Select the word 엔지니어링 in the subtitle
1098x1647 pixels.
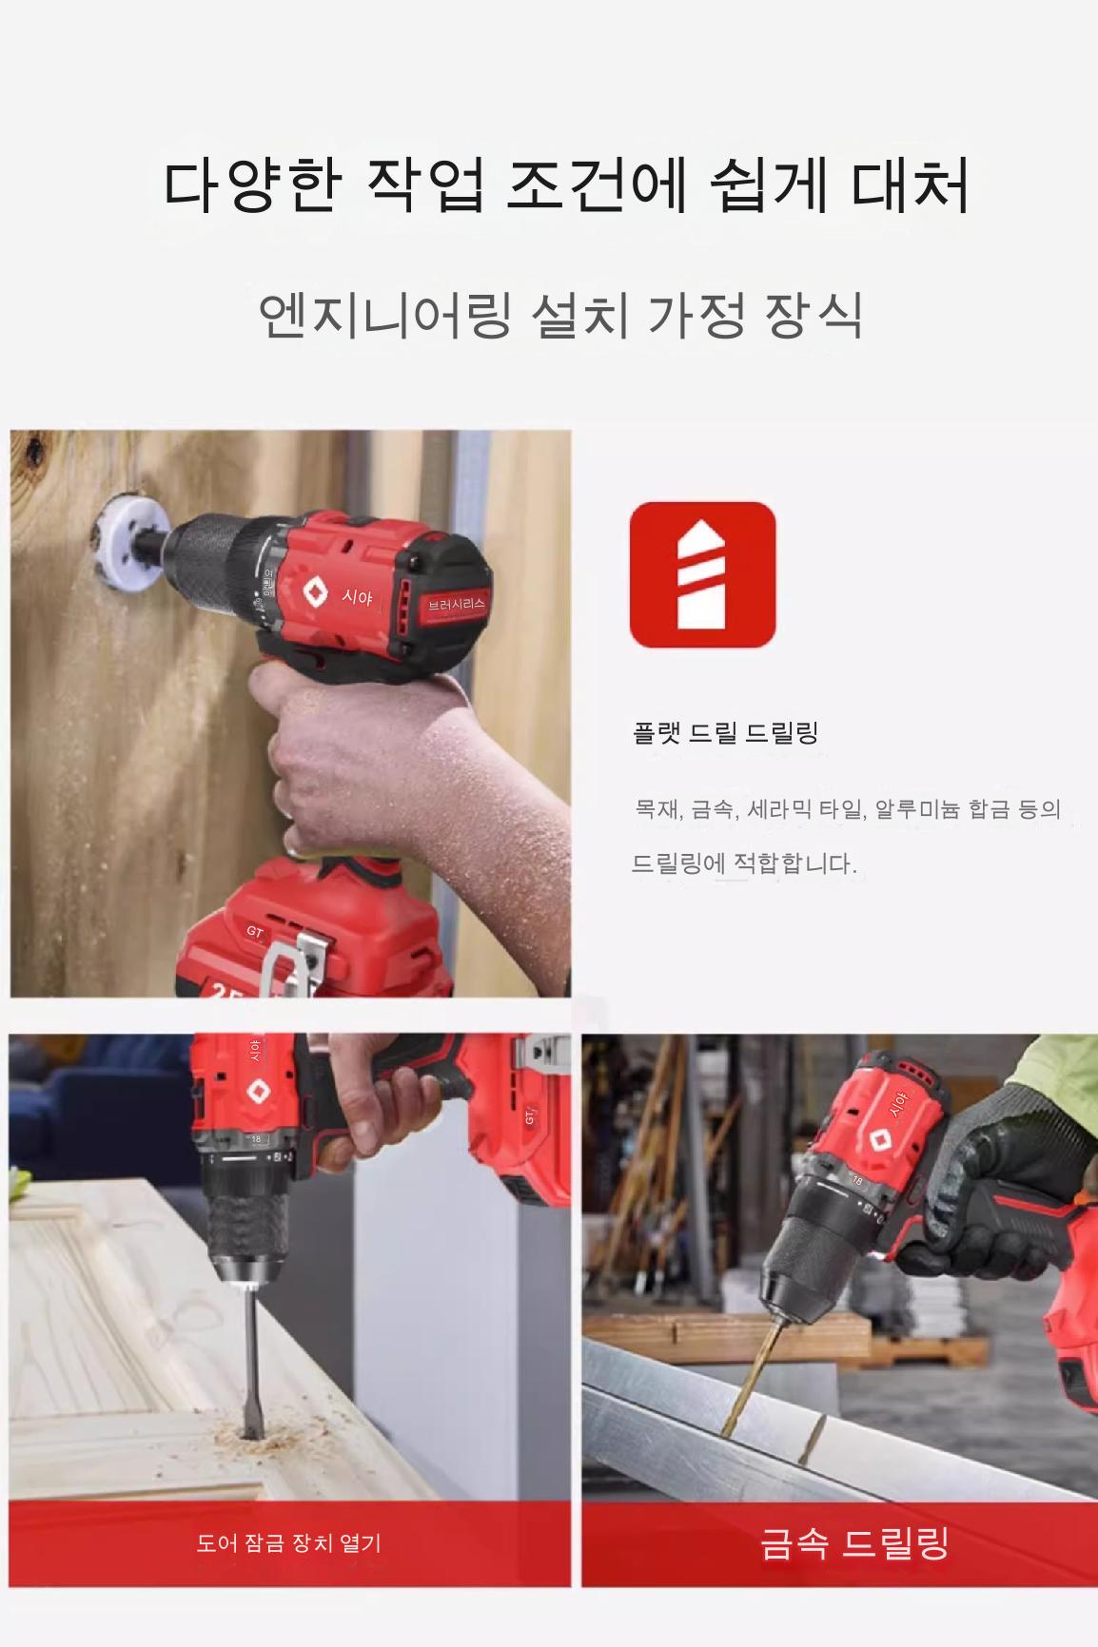pyautogui.click(x=385, y=315)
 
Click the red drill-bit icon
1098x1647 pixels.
pyautogui.click(x=702, y=574)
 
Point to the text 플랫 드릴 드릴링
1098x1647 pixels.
pyautogui.click(x=726, y=732)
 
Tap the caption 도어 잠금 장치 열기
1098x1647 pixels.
pyautogui.click(x=288, y=1542)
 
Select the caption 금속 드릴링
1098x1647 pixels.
pyautogui.click(x=854, y=1542)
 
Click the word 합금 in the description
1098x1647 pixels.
pyautogui.click(x=989, y=809)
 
